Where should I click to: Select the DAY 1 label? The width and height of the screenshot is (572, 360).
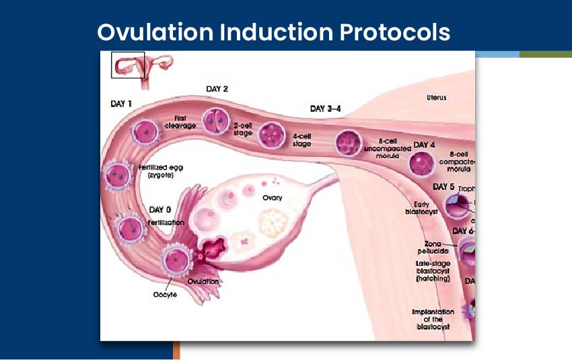click(121, 104)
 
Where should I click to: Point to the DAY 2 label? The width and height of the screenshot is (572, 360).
click(217, 89)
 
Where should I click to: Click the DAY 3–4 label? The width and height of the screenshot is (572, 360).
click(326, 108)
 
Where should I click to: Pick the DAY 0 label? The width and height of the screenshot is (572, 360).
click(159, 210)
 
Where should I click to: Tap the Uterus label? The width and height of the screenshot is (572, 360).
click(436, 98)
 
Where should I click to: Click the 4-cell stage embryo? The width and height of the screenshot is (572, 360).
click(272, 133)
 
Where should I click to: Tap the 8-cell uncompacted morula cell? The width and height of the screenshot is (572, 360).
click(349, 143)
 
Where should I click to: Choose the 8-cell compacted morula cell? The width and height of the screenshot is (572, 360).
click(423, 164)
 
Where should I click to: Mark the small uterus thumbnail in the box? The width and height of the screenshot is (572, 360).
click(128, 65)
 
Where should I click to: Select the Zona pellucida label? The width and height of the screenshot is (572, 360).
click(433, 248)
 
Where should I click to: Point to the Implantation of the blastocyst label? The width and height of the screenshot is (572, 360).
click(433, 320)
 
